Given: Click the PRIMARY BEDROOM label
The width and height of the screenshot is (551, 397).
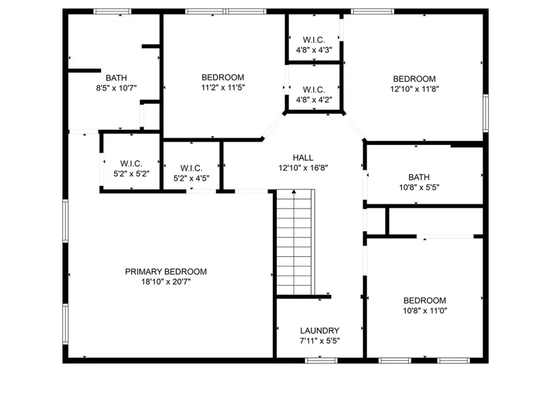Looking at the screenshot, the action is point(166,272).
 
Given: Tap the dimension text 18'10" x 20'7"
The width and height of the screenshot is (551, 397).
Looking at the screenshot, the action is point(166,282).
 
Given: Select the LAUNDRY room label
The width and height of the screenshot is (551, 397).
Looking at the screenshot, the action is point(320,331).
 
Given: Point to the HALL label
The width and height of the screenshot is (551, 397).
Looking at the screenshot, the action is point(303,158).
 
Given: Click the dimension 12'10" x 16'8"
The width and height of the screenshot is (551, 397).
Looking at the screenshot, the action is point(303,168).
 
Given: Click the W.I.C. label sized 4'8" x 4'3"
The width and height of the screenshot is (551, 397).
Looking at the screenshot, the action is point(314,40).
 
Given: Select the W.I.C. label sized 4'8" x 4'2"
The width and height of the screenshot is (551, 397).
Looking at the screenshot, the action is point(314,90).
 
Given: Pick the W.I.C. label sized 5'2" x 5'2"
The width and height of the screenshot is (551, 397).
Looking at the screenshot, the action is point(131,164).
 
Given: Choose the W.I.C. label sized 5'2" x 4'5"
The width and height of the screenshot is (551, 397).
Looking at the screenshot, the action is point(191,168).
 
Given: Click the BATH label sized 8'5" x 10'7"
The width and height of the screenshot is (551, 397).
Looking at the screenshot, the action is point(117,78).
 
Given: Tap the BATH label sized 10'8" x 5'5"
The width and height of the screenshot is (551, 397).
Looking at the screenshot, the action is point(419,177).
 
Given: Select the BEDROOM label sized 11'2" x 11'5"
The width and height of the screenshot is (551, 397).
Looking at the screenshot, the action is point(223,77).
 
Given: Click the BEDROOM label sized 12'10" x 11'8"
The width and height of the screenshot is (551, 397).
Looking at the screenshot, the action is point(414,78).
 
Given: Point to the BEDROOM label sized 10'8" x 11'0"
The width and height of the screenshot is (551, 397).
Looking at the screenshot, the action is point(425,300).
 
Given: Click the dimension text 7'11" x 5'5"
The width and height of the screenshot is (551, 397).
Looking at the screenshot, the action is point(320,341).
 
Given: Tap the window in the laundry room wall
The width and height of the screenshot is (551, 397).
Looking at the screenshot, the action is point(321,360).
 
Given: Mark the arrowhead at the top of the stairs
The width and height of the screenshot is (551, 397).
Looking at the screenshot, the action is point(294,192).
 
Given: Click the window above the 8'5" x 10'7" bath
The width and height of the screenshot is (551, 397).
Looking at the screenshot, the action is point(112,11).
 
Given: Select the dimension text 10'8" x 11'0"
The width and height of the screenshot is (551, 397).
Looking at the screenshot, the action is point(425,311).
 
